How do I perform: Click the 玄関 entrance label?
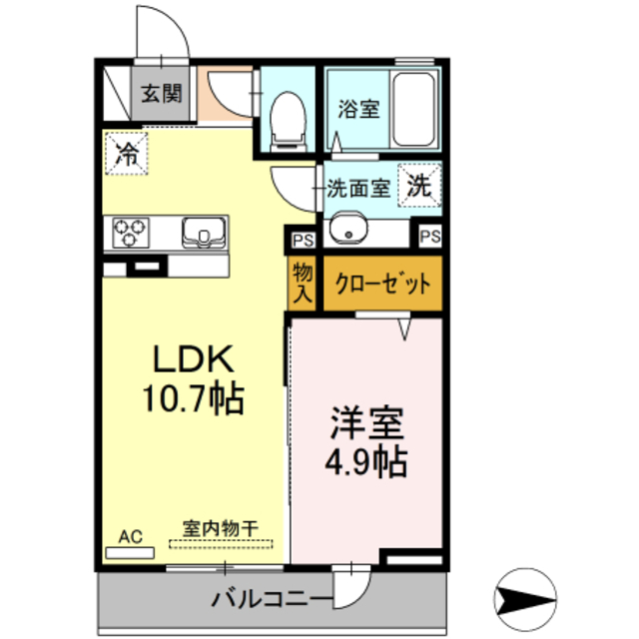(160, 95)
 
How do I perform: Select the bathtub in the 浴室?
(413, 110)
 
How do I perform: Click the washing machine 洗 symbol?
(420, 185)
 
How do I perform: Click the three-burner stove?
(129, 234)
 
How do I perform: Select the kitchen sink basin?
(204, 234)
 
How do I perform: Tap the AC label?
(131, 537)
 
